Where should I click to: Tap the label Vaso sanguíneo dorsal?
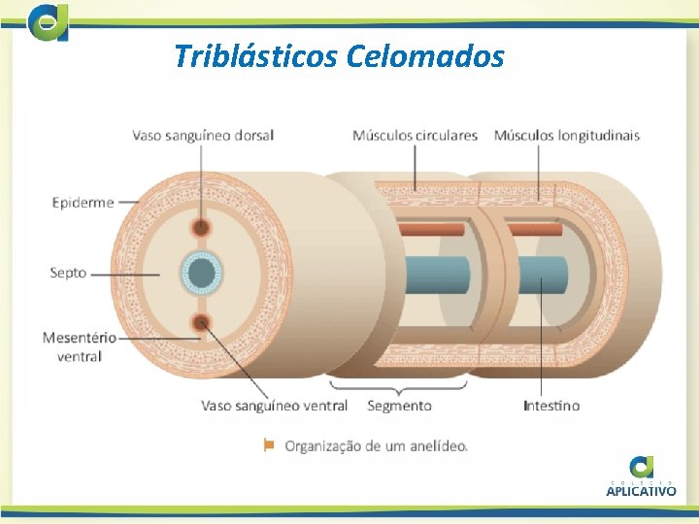coord(203,135)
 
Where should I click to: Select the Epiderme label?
coord(83,203)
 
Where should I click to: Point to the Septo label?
coord(68,273)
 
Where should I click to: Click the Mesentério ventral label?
coord(79,346)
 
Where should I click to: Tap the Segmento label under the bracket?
coord(399,405)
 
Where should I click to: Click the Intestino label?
coord(551,405)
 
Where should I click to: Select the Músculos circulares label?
coord(415,135)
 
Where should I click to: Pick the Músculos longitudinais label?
coord(567,135)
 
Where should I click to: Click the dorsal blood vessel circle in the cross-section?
coord(201,228)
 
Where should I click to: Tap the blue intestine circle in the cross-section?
coord(202,274)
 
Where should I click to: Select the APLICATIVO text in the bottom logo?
coord(641,491)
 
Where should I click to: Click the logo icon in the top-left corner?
coord(49,21)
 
